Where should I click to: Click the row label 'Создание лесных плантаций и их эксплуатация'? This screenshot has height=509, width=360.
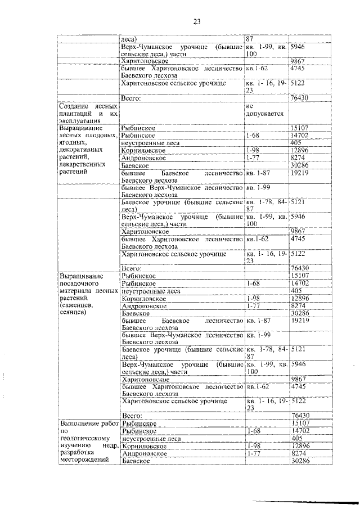coord(88,112)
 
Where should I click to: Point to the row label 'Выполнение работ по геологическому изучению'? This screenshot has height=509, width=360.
coord(88,442)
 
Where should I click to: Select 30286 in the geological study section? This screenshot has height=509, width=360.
coord(300,461)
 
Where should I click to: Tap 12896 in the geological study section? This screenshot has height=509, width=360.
coord(300,445)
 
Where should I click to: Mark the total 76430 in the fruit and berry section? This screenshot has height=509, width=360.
coord(301,268)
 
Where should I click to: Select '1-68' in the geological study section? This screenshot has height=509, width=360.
coord(252,430)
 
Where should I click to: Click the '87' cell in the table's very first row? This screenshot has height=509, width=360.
coord(250,39)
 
